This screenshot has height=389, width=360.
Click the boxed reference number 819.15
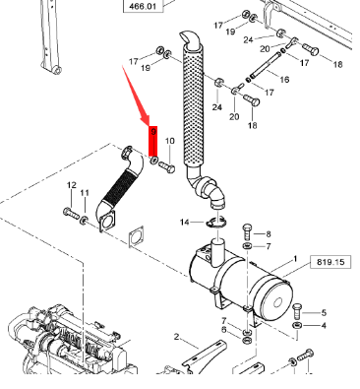330,262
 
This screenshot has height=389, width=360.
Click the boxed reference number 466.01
143,6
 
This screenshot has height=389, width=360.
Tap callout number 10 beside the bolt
169,141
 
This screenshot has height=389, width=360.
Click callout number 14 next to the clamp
185,223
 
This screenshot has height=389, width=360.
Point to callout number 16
284,80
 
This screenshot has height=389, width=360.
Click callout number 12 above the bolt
72,185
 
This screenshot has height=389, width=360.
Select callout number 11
85,192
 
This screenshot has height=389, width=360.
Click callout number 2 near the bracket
177,337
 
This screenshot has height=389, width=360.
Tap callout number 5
324,313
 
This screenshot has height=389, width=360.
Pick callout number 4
324,326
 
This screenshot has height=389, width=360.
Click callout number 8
269,234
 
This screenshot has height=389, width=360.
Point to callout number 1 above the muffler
295,259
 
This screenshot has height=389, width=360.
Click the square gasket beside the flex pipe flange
136,236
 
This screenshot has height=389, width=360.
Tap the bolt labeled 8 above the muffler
248,231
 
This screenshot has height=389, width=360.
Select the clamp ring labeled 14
215,224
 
